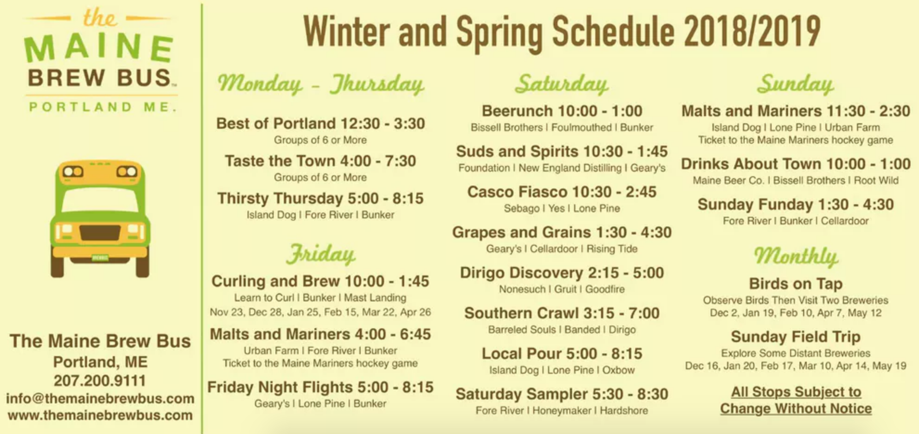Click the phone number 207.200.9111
[100, 381]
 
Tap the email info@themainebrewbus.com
[100, 398]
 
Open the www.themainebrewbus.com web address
[100, 415]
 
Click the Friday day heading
[321, 254]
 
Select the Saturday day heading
[562, 84]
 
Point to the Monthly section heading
[796, 256]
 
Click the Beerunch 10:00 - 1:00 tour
[562, 111]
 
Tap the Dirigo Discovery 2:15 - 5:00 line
[562, 273]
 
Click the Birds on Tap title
[796, 283]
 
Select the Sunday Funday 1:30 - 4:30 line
[796, 204]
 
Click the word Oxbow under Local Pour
[619, 370]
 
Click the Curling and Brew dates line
[320, 312]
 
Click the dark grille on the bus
[100, 232]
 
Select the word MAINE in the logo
[99, 48]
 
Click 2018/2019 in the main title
[752, 32]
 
